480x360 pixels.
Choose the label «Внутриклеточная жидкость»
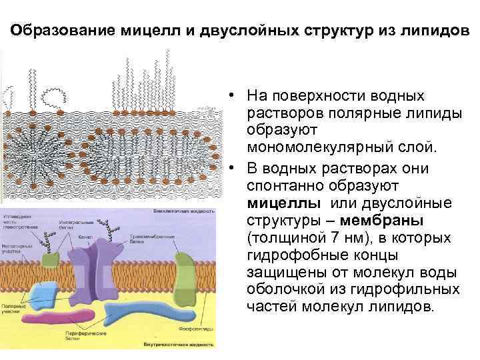179,346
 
